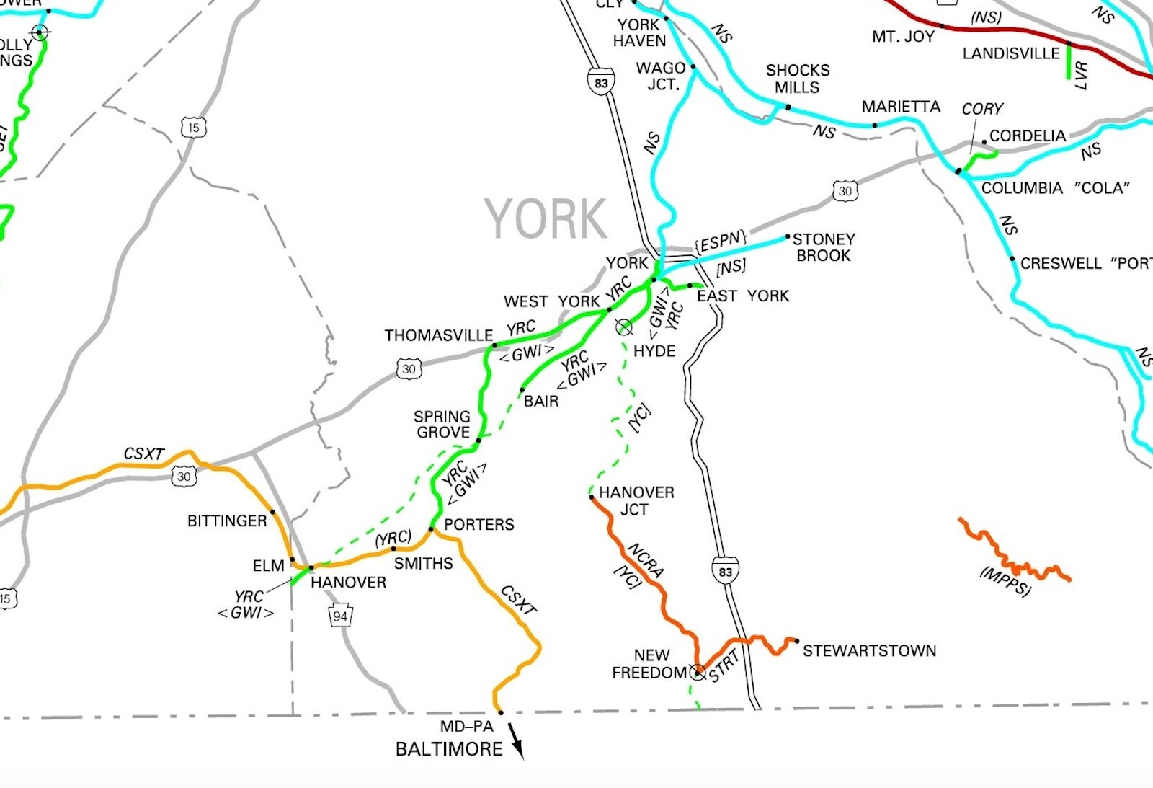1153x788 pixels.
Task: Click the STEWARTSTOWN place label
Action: tap(869, 651)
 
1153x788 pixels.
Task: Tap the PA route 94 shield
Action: tap(340, 616)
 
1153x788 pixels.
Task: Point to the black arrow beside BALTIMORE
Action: tap(516, 740)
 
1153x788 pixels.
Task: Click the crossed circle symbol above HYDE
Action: tap(624, 327)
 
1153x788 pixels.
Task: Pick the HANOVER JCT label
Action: tap(636, 501)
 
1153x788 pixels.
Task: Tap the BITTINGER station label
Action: tap(226, 521)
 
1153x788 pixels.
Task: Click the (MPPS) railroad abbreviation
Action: tap(1005, 581)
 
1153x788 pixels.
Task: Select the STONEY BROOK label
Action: tap(824, 247)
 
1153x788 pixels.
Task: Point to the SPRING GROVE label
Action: tap(442, 425)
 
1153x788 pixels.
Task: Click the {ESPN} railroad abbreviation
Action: tap(720, 242)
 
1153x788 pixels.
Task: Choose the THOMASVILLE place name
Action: tap(438, 335)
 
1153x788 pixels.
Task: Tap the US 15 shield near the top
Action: tap(193, 128)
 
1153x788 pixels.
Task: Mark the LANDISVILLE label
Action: tap(1010, 53)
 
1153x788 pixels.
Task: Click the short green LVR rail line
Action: tap(1069, 61)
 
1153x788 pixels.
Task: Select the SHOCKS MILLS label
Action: tap(797, 79)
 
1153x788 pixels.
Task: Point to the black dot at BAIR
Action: tap(522, 390)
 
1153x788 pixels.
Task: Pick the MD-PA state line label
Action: tap(466, 727)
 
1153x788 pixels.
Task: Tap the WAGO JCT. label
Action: tap(661, 76)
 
